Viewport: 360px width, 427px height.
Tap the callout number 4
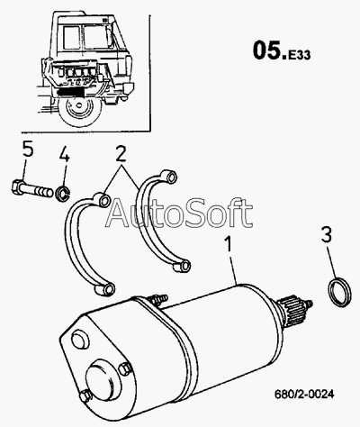tap(65, 154)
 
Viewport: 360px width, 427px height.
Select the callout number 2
tap(121, 154)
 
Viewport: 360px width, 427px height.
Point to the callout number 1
tap(229, 244)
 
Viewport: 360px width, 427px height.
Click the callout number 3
tap(327, 234)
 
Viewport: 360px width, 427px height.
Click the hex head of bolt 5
tap(18, 187)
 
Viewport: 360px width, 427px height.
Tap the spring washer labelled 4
tap(63, 194)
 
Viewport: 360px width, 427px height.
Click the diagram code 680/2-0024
tap(304, 394)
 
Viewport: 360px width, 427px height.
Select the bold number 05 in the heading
tap(266, 50)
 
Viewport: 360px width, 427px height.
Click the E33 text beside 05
tap(300, 55)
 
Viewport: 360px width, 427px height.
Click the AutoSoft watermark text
tap(179, 213)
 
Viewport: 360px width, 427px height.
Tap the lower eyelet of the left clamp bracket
tap(104, 289)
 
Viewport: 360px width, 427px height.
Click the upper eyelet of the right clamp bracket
tap(168, 177)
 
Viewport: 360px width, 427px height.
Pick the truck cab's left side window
tap(71, 38)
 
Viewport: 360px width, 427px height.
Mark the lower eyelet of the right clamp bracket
tap(182, 266)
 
